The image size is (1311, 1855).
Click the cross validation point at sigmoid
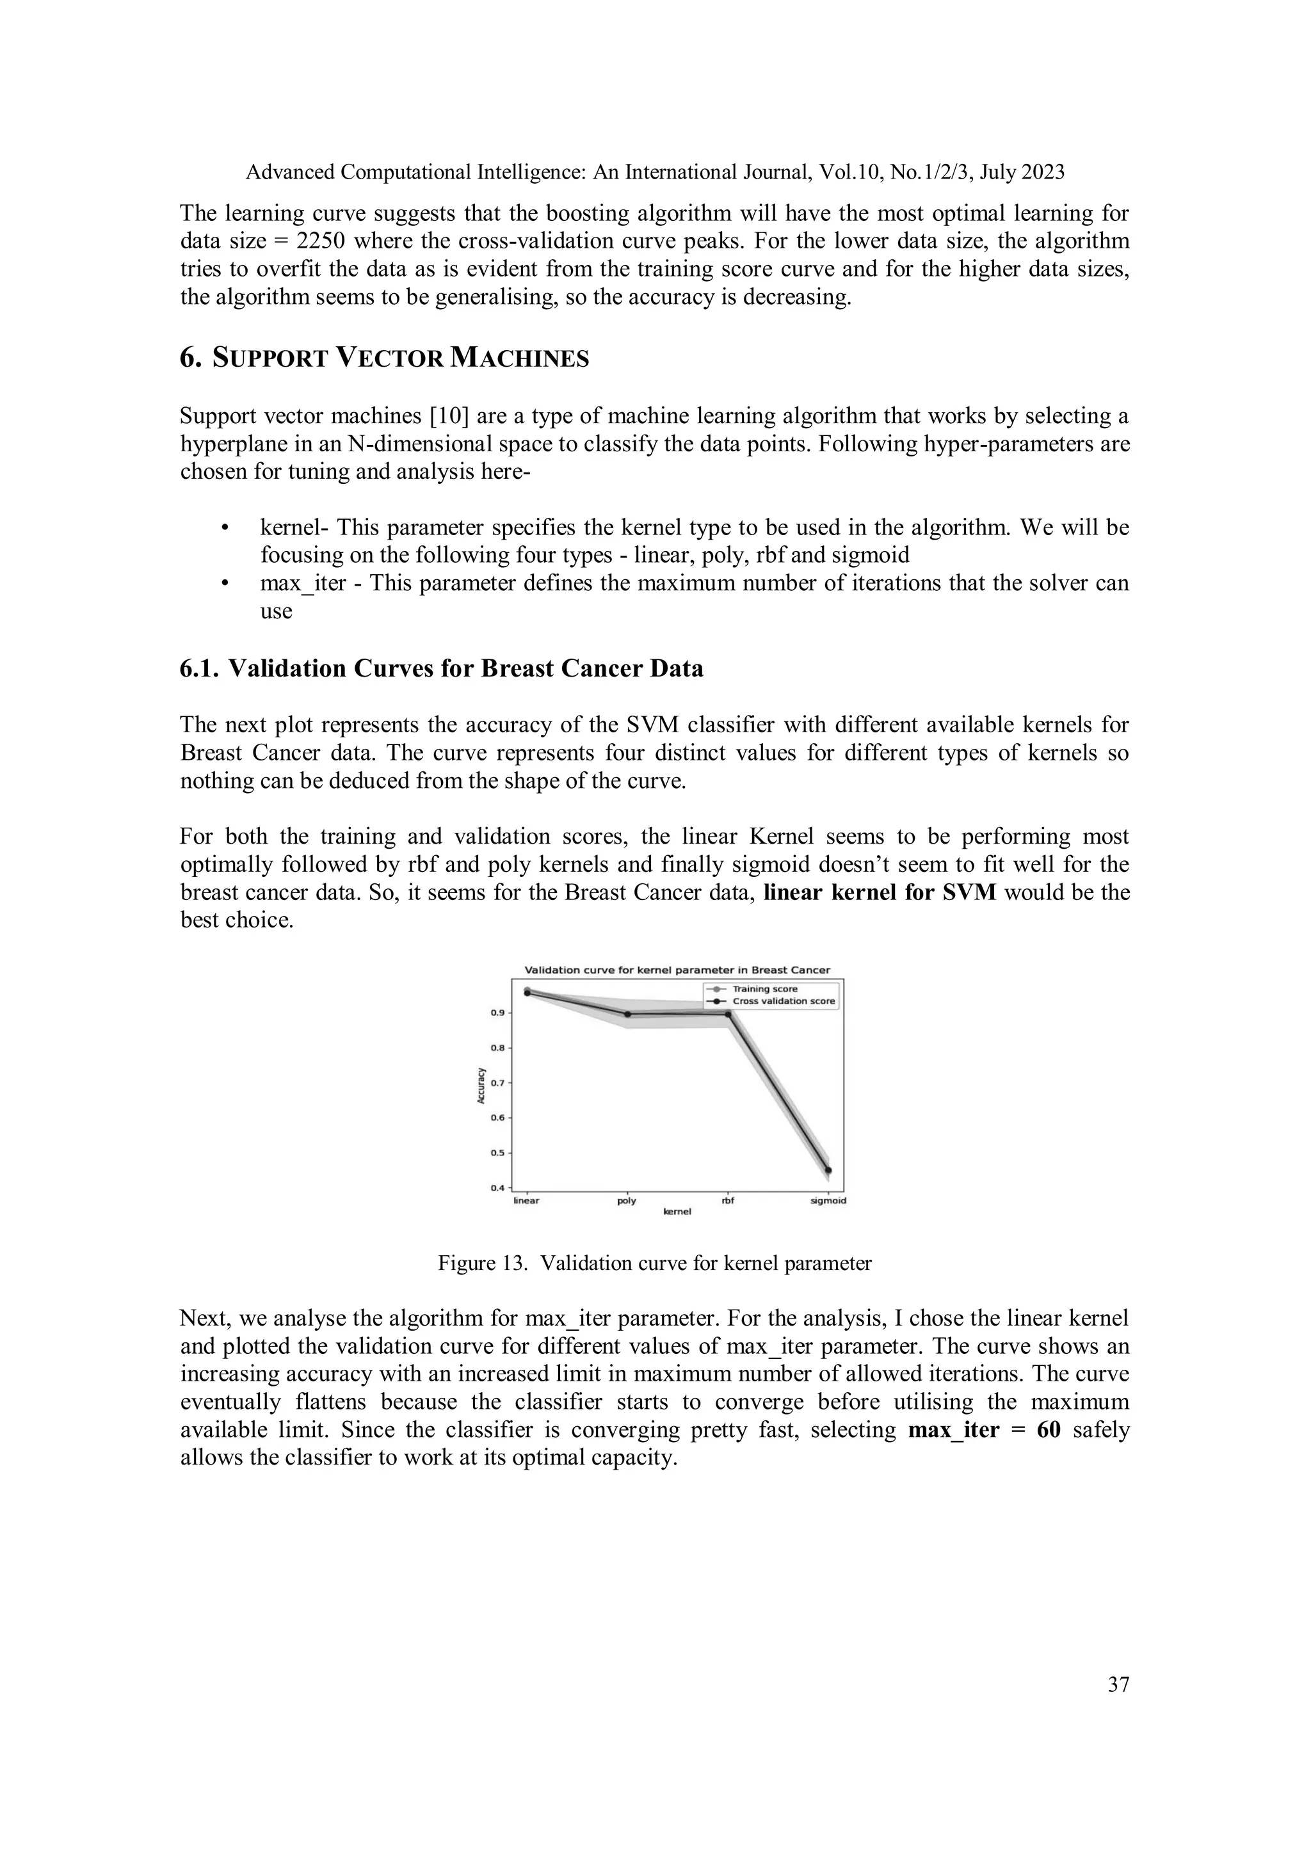[828, 1171]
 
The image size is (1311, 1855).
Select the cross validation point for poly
[627, 1014]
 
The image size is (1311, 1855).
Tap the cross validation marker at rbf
[728, 1014]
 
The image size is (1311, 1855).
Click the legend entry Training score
[764, 989]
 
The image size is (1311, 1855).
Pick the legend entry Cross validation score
[784, 1001]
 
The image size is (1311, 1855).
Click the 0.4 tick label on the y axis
[497, 1187]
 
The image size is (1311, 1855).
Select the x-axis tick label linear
[527, 1201]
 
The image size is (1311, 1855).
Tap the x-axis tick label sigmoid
[828, 1201]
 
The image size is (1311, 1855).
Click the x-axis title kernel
[677, 1212]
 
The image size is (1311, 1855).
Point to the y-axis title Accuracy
[481, 1085]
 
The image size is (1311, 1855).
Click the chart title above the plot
[677, 970]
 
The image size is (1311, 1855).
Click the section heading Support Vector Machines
[385, 358]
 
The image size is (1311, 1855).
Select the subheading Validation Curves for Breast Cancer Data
[441, 669]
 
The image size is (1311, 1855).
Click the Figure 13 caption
[654, 1264]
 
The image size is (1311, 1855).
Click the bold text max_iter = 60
[984, 1430]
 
